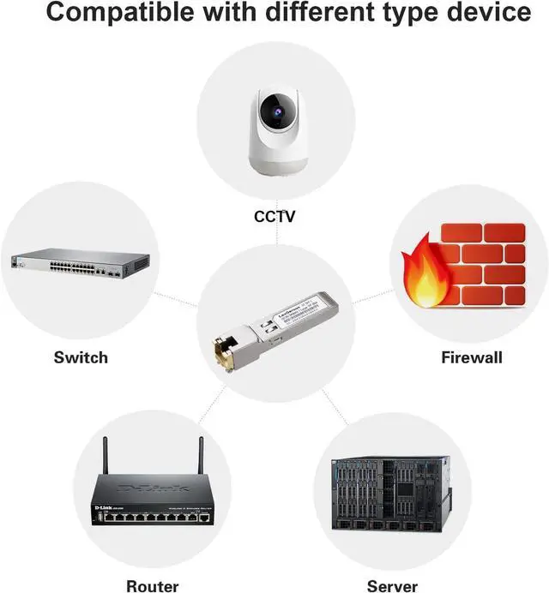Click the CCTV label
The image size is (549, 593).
click(274, 216)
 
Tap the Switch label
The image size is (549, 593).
click(81, 356)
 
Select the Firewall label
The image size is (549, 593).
click(471, 357)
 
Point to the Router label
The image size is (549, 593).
click(153, 586)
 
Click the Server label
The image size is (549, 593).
click(392, 586)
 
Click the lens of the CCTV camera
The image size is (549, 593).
click(273, 111)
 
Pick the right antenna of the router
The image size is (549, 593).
click(202, 464)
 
